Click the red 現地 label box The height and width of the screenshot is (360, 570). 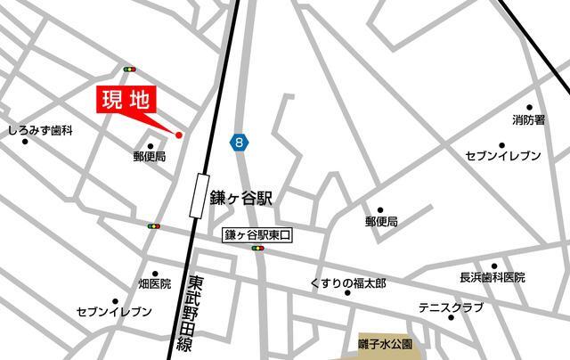pos(126,100)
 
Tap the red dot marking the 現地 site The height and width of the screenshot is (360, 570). pos(179,135)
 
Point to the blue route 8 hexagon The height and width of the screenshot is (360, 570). pos(238,142)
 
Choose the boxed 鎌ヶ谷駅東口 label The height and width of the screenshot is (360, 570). pos(257,235)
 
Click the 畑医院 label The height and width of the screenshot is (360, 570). pos(154,284)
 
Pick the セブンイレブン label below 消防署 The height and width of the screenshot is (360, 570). pos(503,156)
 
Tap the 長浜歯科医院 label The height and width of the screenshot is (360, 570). pos(492,277)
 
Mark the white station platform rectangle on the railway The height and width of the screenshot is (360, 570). pos(197,195)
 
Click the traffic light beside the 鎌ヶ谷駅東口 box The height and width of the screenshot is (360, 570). pos(258,249)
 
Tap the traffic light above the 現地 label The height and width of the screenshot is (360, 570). pos(130,70)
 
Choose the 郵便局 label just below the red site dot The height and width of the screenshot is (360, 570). pos(150,156)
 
